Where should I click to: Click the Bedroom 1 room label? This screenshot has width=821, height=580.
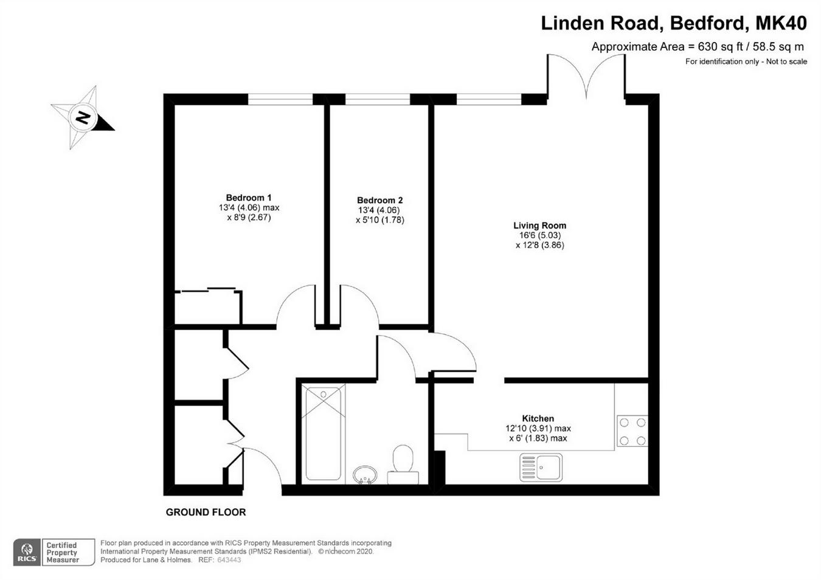coord(249,198)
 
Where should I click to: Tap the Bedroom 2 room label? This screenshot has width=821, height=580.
coord(379,200)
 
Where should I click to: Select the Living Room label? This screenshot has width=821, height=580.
coord(539,226)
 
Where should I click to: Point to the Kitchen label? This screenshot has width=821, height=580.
coord(538,418)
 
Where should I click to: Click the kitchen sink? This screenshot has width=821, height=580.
coord(541,468)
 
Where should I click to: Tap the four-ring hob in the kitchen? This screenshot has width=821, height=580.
coord(632,431)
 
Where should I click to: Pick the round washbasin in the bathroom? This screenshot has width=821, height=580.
coord(365,474)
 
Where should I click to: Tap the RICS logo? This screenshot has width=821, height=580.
coord(27,553)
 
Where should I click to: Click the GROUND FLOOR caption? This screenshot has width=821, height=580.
coord(206,512)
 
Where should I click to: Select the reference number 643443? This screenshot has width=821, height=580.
coord(229,560)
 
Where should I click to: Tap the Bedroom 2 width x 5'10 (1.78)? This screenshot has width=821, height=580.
coord(379,220)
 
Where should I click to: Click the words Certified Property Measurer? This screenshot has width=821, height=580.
coord(63,553)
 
